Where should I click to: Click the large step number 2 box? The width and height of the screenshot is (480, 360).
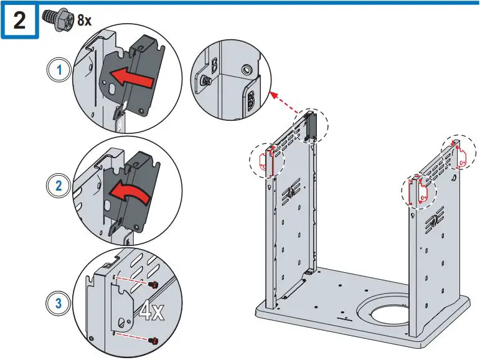pos(19,20)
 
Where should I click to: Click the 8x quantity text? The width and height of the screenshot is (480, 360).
pos(85,21)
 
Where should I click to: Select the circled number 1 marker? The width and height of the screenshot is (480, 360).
pos(59,70)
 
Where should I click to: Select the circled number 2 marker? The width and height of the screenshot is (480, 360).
pos(58,186)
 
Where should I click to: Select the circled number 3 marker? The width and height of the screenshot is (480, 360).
pos(58,303)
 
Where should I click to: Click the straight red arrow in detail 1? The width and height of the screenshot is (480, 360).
pos(131,78)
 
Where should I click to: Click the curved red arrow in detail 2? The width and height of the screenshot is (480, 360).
pos(129,192)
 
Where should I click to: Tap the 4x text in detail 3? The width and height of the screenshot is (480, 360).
pos(151,312)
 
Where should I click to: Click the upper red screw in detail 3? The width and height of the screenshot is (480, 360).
pos(153,285)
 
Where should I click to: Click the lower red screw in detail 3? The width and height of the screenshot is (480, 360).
pos(153,340)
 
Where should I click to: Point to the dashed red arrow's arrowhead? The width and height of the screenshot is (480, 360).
pos(274,95)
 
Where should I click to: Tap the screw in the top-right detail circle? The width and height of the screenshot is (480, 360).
pos(205,81)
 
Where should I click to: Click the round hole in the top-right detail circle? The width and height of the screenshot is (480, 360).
pos(246,70)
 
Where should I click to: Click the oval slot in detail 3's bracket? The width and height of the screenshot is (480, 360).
pos(122,323)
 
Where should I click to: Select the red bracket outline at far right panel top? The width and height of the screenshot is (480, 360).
pos(459,156)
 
